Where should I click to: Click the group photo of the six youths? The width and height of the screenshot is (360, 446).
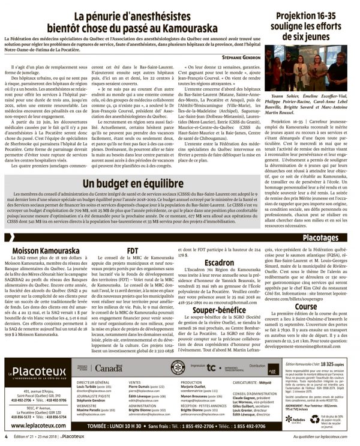tap(313, 67)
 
